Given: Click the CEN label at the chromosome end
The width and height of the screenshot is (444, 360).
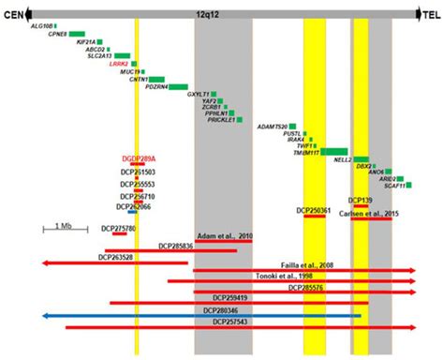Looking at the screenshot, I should point(12,16).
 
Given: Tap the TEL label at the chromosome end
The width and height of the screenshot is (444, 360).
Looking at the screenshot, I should point(430,16).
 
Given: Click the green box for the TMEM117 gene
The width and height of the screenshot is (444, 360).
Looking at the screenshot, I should point(333,152).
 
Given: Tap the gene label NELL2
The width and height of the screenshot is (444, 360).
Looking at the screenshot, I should point(341,160).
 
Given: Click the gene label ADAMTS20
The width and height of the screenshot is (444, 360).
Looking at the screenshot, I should point(272,126).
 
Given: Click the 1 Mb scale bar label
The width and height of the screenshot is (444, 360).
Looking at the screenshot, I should point(63,226).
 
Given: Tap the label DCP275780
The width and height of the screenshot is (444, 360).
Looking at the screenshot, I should point(118,228).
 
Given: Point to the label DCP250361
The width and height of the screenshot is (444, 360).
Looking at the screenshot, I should point(314,211).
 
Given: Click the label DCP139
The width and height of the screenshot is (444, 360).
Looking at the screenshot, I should point(361,201).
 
